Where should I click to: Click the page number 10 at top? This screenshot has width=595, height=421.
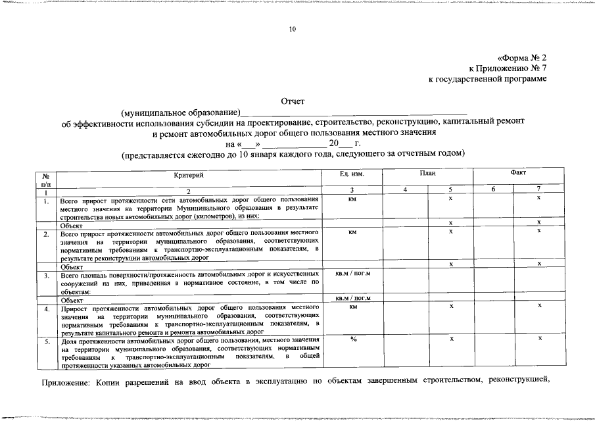(x=293, y=29)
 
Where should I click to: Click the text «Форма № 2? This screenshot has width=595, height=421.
(x=522, y=58)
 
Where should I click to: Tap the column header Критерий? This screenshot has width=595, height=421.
(x=189, y=175)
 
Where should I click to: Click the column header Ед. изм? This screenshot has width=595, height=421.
(x=352, y=175)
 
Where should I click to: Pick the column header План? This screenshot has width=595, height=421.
(x=427, y=172)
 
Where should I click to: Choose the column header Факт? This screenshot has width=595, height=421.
(x=517, y=172)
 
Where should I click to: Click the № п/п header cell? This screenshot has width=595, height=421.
(x=46, y=179)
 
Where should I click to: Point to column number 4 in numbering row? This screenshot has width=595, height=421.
(x=405, y=190)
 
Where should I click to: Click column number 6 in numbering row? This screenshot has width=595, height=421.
(x=494, y=190)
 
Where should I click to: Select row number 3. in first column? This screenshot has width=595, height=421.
(x=46, y=276)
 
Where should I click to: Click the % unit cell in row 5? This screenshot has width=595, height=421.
(x=353, y=339)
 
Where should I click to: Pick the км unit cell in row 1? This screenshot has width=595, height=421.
(x=352, y=198)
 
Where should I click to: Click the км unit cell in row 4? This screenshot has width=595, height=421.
(x=353, y=306)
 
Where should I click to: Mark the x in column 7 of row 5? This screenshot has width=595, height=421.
(x=539, y=338)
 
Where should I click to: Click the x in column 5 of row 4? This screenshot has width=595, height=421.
(x=450, y=306)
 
